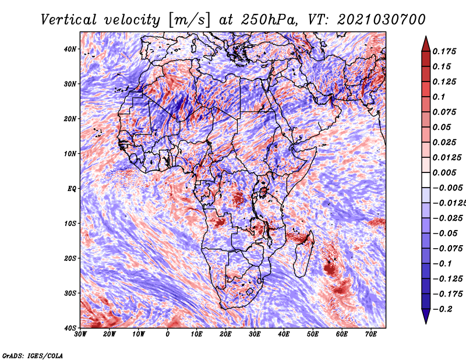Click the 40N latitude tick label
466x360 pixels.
[x=70, y=49]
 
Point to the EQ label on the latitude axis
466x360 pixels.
[x=72, y=189]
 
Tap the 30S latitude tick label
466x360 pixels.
[x=70, y=293]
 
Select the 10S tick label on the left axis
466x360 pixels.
[x=70, y=223]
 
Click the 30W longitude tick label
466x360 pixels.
[x=80, y=334]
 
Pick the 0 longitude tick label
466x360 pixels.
[x=168, y=334]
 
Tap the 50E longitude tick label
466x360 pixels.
[x=313, y=334]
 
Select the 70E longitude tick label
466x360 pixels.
[x=371, y=334]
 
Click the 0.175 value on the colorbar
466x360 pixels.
[x=444, y=51]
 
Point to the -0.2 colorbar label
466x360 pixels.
[x=443, y=309]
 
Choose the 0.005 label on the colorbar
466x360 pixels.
[x=444, y=172]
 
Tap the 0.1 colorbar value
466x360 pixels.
[x=439, y=97]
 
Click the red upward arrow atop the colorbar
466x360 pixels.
[x=426, y=44]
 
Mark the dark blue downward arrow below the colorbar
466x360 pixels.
[x=426, y=316]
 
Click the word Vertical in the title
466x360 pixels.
[x=69, y=20]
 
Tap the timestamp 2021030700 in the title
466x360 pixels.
[x=382, y=20]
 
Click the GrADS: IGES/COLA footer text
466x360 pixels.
[x=33, y=355]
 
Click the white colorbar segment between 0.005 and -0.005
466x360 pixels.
[x=426, y=180]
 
